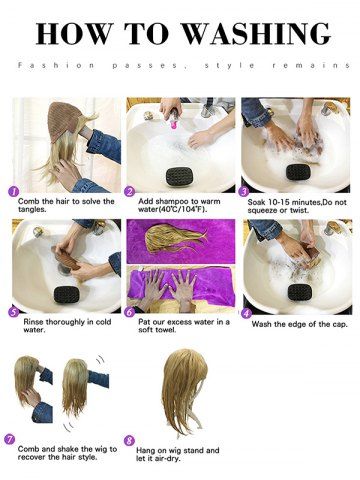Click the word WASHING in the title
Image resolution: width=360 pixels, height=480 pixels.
pos(257,34)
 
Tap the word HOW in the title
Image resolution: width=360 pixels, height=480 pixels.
pos(73,34)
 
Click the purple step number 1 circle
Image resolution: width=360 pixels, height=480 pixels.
pos(13,192)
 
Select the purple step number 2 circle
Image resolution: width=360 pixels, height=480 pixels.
pos(129,192)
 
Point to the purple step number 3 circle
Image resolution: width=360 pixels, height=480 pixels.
pos(244,192)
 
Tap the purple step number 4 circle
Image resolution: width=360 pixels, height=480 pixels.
pos(246,314)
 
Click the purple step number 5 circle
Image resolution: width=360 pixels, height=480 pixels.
pos(13,312)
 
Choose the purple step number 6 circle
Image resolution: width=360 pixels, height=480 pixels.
pos(129,312)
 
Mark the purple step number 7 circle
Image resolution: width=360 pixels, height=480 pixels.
pos(9,440)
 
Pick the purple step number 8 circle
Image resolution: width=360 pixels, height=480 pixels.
pos(129,441)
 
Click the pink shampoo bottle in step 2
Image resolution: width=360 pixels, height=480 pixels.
pos(174,119)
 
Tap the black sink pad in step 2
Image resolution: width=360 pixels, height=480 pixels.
pos(180,177)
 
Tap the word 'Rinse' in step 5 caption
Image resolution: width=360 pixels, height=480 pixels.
pos(33,322)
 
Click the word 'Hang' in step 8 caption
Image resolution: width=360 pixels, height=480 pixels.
pos(146,451)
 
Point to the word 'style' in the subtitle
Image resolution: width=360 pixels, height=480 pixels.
pos(230,66)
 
